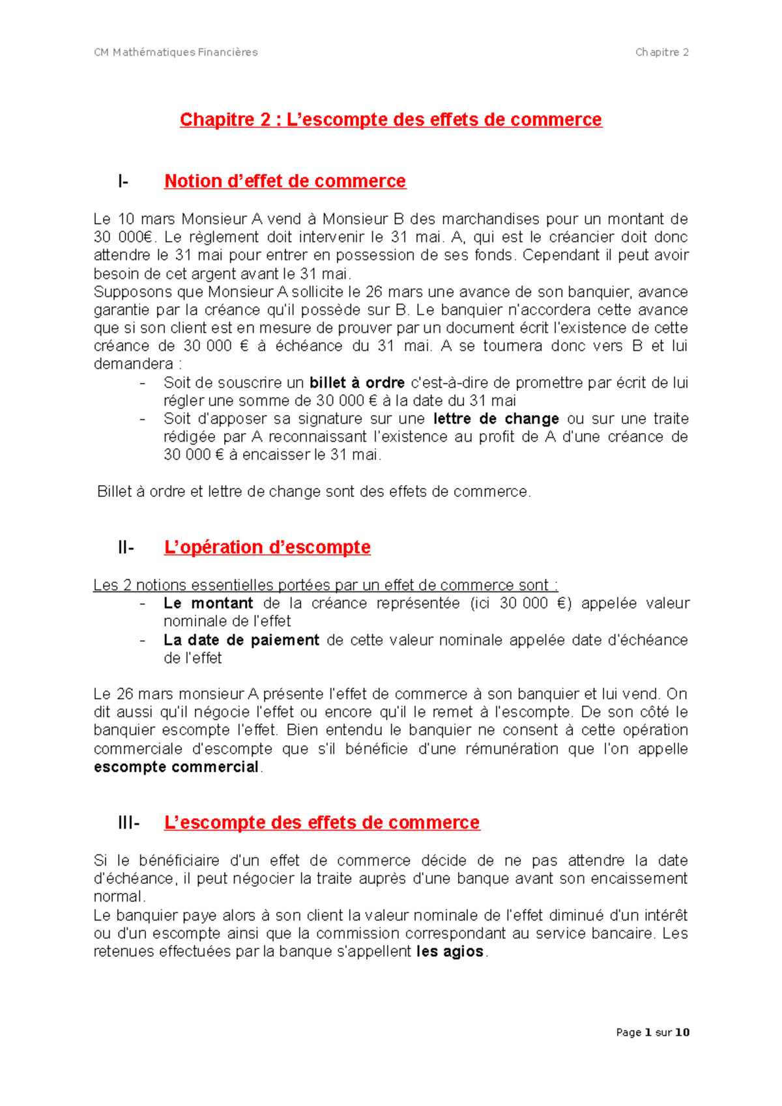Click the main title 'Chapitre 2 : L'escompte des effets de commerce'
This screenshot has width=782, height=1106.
coord(391,120)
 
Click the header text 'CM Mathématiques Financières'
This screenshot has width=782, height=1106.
coord(176,52)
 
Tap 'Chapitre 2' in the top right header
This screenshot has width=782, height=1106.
coord(661,52)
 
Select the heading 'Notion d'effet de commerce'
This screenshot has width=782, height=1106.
coord(285,181)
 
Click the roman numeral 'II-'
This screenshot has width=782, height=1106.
coord(126,548)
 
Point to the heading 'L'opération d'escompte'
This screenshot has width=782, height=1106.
coord(267,547)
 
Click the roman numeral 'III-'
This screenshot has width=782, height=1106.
coord(128,823)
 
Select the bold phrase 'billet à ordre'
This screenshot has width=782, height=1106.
coord(356,382)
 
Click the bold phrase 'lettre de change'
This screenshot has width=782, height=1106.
coord(496,419)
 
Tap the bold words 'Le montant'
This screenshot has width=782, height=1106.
coord(208,603)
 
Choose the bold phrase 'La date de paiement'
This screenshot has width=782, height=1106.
coord(241,640)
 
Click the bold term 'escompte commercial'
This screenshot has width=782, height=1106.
coord(176,767)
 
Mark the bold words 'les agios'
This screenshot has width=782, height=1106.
coord(450,952)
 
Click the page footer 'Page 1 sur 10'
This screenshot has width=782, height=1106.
coord(652,1032)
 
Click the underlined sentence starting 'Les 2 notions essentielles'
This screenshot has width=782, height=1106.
coord(325,585)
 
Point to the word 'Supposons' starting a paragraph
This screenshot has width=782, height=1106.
coord(125,292)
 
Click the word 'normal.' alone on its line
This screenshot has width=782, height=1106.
coord(119,897)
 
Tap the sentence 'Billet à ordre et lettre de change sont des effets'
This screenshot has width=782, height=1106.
coord(313,492)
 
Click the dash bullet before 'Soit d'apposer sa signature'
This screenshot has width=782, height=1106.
coord(143,419)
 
